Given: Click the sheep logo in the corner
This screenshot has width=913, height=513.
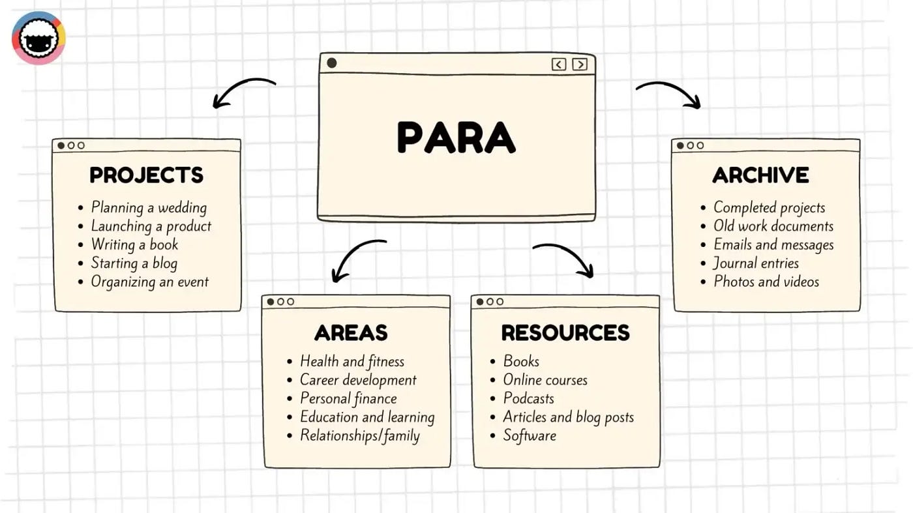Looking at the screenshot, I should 38,38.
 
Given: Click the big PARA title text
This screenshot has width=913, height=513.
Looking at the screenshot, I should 456,138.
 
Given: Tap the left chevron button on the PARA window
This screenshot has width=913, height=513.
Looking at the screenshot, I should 559,64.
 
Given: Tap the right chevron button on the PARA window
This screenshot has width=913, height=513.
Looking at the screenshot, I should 579,64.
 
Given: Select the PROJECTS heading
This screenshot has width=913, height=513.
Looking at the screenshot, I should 146,175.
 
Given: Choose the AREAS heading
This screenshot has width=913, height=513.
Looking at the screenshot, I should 351,332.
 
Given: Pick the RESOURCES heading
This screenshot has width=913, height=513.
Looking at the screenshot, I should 565,332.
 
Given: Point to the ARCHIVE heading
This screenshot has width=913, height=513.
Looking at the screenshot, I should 760,175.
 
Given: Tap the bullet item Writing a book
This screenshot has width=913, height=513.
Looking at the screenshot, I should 134,245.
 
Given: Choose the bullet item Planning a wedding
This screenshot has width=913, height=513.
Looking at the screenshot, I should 149,208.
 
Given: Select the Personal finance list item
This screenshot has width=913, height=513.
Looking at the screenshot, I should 348,399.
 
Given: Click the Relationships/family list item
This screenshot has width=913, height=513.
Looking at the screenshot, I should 359,436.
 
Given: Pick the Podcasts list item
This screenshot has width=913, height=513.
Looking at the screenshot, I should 528,399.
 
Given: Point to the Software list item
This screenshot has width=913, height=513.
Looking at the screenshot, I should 530,436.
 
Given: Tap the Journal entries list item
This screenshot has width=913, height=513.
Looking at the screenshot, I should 756,263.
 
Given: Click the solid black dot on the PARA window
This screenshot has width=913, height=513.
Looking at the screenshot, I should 331,63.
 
